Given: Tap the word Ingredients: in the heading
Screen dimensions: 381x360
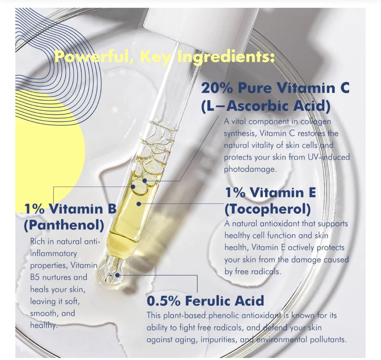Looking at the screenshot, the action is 226,57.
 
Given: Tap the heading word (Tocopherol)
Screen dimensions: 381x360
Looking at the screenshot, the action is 268,209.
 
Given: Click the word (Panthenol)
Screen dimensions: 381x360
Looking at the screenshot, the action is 64,225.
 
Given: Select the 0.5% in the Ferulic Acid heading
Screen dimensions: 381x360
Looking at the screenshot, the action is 164,301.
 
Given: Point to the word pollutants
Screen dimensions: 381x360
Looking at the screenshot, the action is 328,340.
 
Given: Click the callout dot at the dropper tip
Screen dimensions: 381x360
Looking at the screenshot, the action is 117,275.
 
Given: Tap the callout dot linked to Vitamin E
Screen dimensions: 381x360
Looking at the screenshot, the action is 139,204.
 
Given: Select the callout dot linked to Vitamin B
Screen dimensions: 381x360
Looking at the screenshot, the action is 133,187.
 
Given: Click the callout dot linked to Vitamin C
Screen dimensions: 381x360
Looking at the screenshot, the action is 144,181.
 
